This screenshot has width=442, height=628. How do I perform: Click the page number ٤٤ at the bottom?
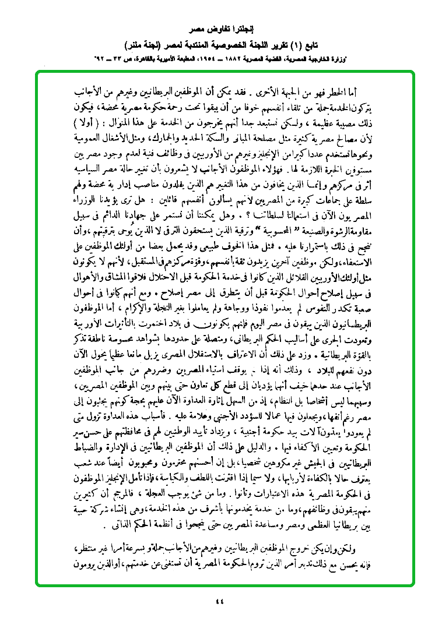click(x=220, y=602)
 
